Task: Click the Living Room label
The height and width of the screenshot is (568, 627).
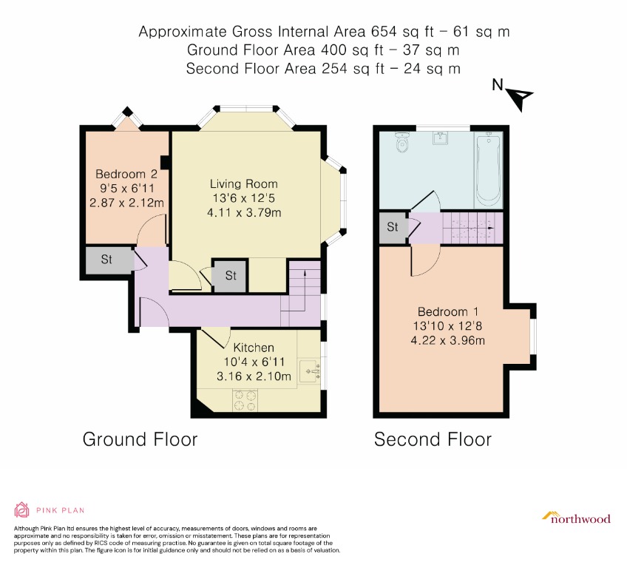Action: [243, 184]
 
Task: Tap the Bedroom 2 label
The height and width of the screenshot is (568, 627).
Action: [126, 174]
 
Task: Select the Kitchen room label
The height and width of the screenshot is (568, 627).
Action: [254, 347]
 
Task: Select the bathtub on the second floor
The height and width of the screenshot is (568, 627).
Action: [488, 169]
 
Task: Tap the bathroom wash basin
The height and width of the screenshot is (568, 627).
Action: [441, 138]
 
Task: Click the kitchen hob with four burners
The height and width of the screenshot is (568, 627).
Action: [245, 400]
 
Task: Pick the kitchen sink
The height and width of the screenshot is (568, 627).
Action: [310, 371]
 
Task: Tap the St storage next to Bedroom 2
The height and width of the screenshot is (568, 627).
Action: [106, 260]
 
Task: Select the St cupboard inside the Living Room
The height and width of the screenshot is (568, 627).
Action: [230, 276]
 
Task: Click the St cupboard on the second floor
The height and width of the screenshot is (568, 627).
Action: [393, 227]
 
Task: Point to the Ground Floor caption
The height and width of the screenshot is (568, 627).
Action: [140, 439]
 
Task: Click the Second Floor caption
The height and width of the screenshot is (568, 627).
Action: [433, 439]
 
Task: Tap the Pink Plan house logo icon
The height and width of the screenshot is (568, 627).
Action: [21, 510]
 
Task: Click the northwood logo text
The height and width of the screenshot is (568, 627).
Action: [580, 519]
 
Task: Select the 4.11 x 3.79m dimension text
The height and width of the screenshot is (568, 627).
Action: [244, 212]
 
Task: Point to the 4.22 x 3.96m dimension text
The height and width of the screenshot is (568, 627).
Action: [448, 340]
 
